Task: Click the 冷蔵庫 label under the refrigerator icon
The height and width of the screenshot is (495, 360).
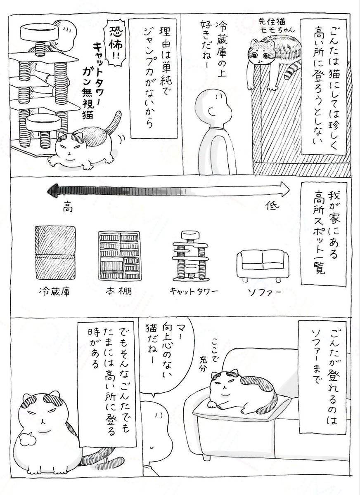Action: [54, 292]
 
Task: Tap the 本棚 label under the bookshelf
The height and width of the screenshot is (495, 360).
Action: [119, 292]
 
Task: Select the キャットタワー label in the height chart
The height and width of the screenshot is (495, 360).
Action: [194, 291]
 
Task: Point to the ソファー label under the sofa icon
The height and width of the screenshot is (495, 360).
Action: [264, 292]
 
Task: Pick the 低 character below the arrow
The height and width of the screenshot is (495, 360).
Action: [272, 206]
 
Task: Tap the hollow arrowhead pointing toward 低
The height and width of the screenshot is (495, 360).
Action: [284, 189]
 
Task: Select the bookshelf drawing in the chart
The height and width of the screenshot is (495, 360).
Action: [119, 256]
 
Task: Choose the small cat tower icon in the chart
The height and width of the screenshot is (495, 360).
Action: [190, 256]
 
